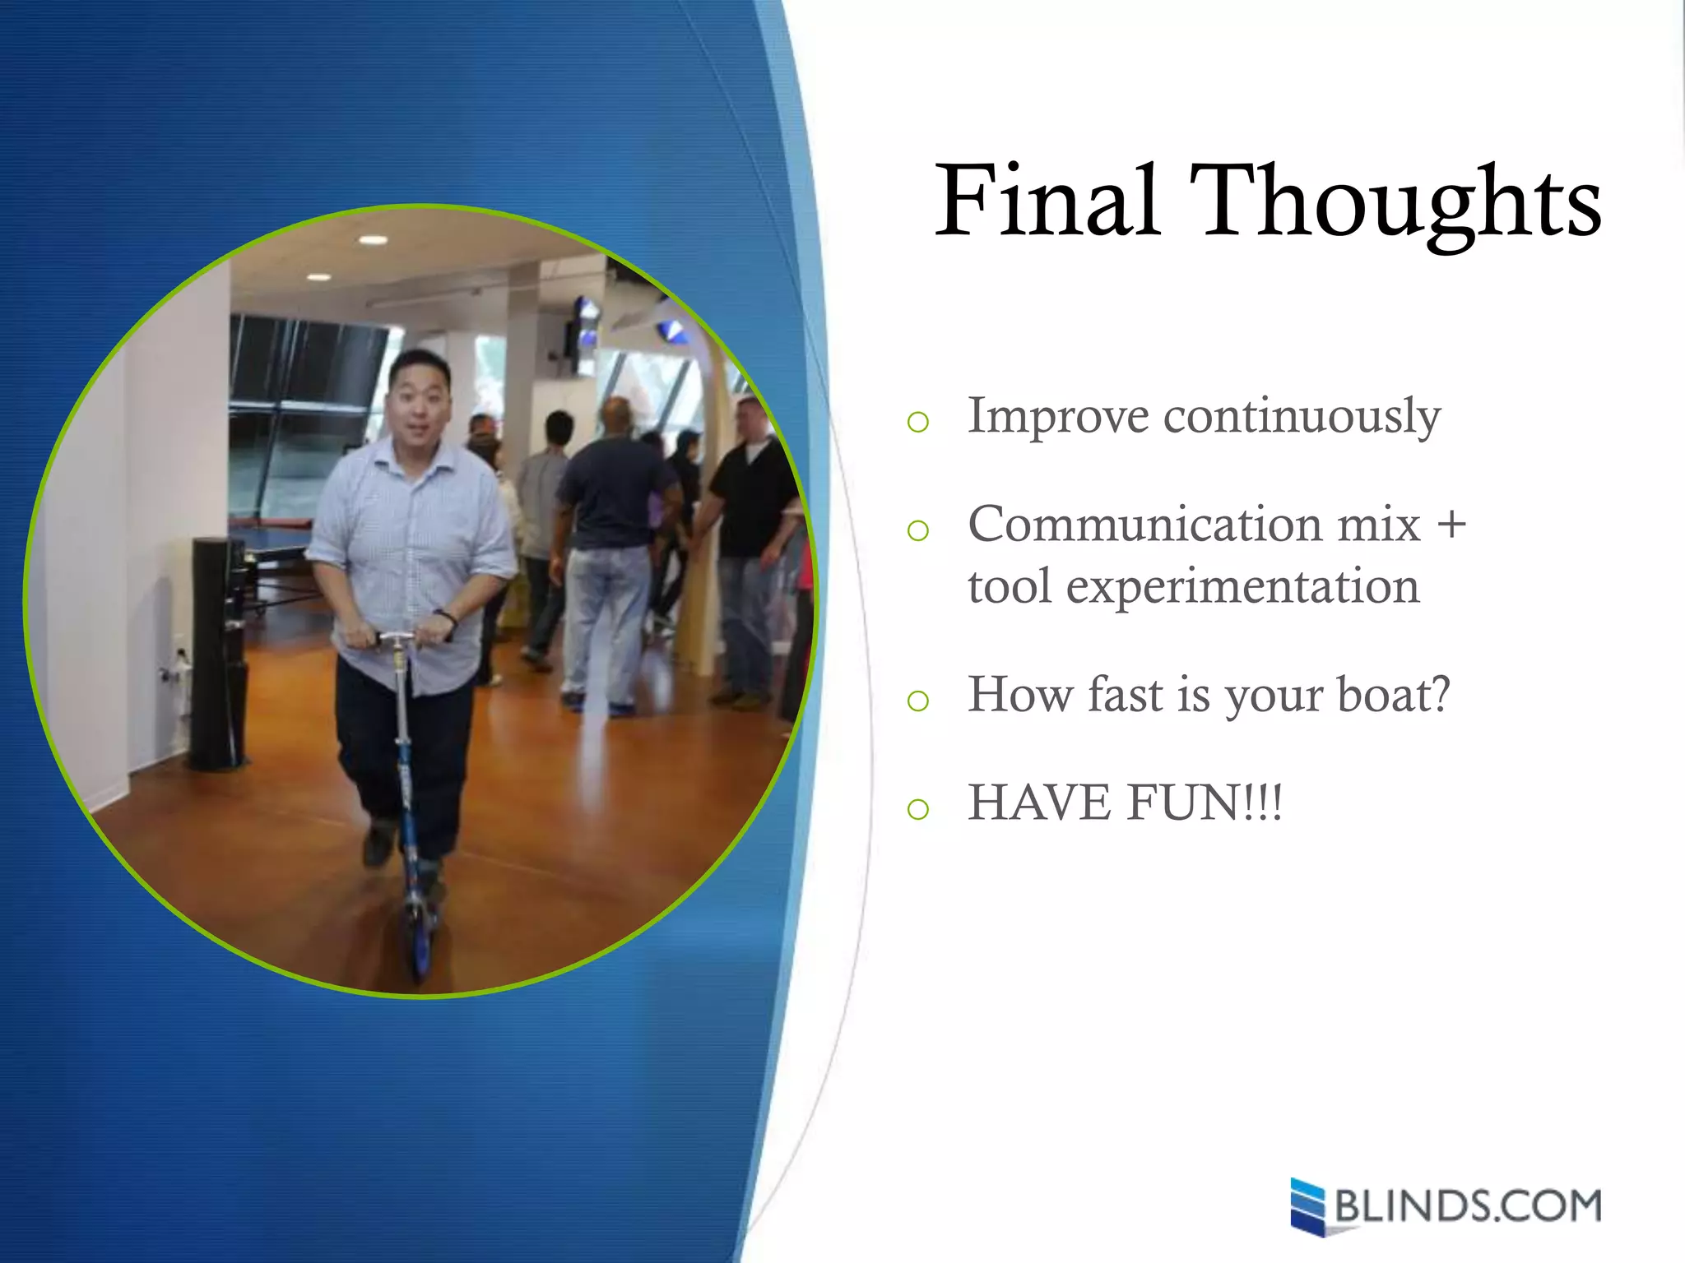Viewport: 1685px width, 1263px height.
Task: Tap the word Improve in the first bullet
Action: [1056, 417]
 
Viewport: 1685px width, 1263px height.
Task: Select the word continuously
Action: [1302, 417]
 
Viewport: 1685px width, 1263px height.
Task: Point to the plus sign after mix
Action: [1451, 524]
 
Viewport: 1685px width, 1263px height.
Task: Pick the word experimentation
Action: [1242, 587]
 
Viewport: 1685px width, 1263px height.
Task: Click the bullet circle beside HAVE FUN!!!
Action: [917, 810]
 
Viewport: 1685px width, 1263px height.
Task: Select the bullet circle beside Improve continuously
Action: [917, 423]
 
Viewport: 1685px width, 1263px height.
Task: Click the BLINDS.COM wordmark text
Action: [1468, 1206]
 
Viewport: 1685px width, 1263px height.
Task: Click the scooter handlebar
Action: [397, 637]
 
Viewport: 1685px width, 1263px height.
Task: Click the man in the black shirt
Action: [751, 502]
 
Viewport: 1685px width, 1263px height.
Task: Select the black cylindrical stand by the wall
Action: [216, 654]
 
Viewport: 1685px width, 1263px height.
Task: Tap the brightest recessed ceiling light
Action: [373, 240]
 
